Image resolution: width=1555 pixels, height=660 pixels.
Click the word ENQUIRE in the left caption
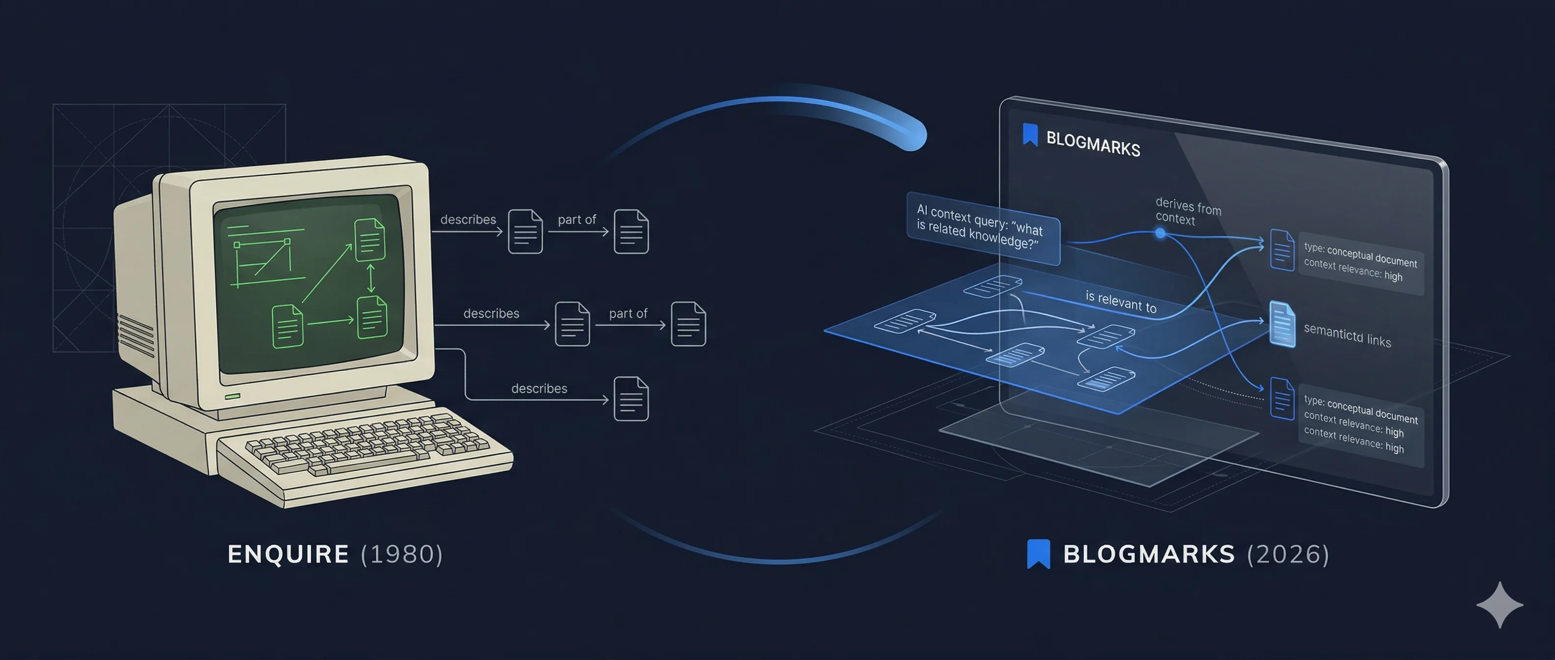click(x=288, y=554)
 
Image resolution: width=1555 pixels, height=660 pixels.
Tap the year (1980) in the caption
click(x=402, y=554)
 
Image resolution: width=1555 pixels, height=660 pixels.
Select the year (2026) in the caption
click(x=1288, y=554)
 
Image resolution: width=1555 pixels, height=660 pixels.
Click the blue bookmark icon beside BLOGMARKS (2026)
click(x=1038, y=554)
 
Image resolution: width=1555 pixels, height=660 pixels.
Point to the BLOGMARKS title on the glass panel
click(x=1093, y=144)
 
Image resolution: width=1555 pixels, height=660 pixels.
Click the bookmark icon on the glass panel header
click(x=1030, y=135)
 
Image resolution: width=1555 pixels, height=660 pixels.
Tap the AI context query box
click(x=983, y=228)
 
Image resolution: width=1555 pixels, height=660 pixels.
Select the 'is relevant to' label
click(x=1121, y=302)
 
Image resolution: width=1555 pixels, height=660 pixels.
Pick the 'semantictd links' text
click(x=1347, y=335)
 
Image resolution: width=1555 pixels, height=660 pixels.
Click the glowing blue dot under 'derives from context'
click(x=1160, y=233)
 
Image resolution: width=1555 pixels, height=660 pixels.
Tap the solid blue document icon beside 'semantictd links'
click(x=1282, y=324)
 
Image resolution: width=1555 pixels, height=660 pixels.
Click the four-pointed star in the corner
click(x=1500, y=605)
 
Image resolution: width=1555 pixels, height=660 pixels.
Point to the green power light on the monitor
click(x=232, y=397)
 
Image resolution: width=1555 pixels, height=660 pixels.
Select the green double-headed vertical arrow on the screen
click(x=371, y=278)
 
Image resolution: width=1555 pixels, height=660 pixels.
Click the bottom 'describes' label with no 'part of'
click(x=539, y=388)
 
